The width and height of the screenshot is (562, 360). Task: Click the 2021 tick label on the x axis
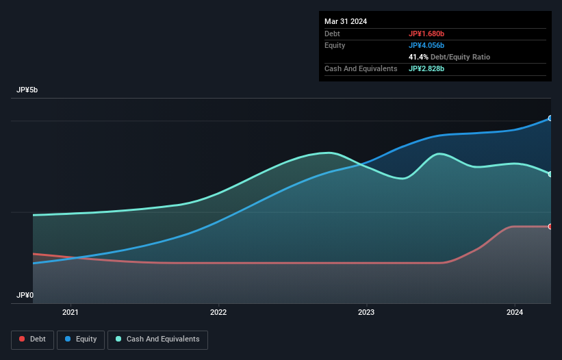click(71, 312)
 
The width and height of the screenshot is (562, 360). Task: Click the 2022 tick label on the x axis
click(218, 312)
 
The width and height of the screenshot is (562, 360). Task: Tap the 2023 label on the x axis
click(366, 312)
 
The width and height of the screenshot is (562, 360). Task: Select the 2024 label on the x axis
click(515, 312)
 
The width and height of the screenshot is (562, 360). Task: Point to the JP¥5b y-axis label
click(28, 90)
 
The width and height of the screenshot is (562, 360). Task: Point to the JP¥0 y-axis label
click(25, 296)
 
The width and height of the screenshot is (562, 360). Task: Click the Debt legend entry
click(31, 339)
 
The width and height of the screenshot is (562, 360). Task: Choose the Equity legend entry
click(81, 339)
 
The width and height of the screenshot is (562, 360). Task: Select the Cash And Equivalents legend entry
click(157, 339)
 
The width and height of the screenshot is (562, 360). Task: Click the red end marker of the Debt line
click(550, 227)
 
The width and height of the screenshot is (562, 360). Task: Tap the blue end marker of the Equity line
click(550, 118)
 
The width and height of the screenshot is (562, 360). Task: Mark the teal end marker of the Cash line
click(550, 174)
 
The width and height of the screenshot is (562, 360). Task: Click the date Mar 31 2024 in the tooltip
click(346, 21)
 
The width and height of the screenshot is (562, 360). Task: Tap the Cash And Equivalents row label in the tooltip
click(361, 69)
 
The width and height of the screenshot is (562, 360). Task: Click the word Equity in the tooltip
click(335, 45)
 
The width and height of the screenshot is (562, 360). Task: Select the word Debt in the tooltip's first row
click(332, 34)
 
